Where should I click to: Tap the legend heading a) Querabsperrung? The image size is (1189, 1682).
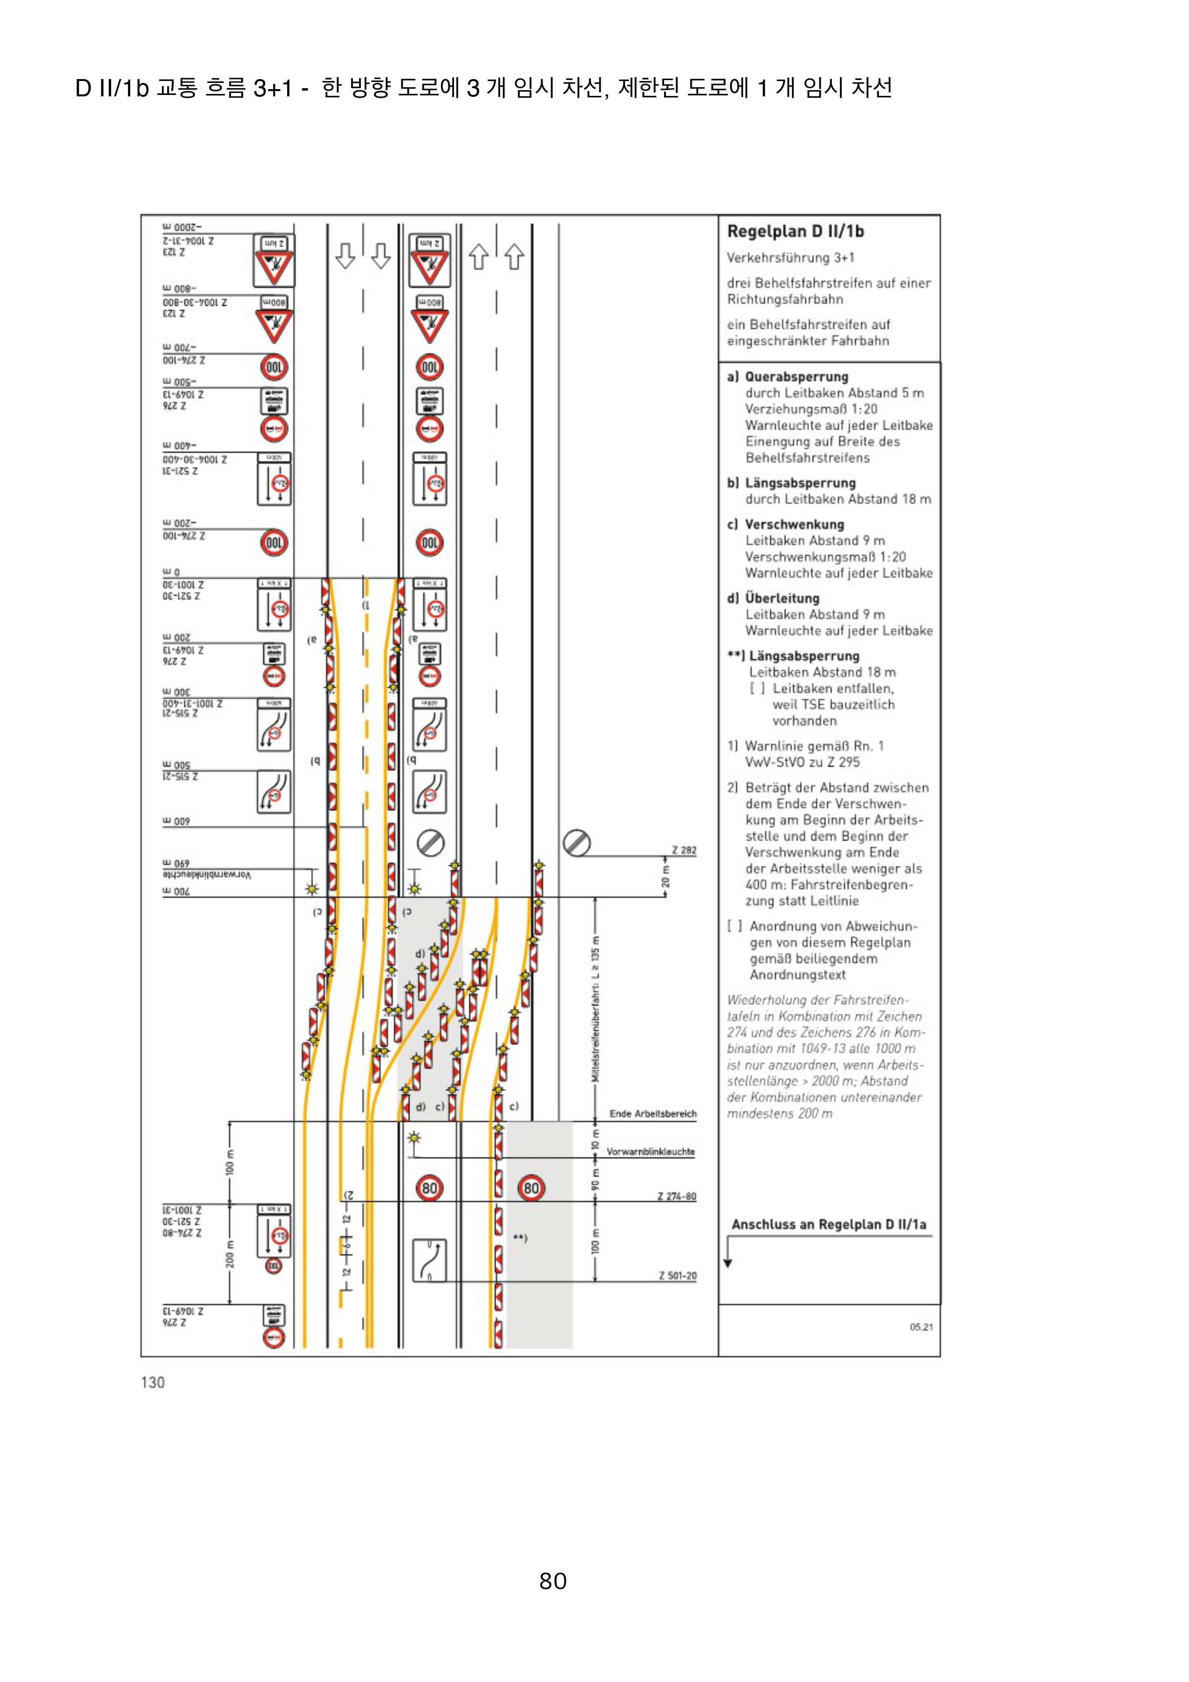click(788, 377)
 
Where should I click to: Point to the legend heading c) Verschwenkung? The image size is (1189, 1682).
click(785, 524)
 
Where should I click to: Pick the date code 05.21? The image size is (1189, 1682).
click(921, 1327)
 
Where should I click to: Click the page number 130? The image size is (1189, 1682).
click(152, 1382)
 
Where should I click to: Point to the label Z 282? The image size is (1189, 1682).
click(684, 850)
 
